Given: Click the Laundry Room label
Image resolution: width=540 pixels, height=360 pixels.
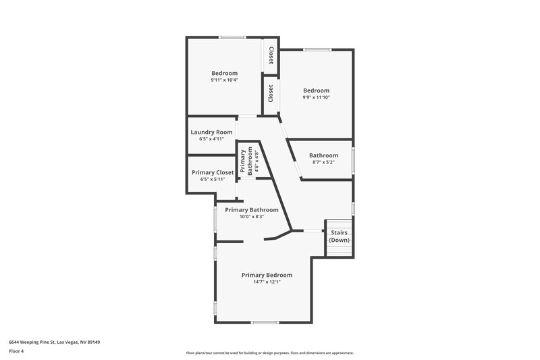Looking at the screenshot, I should pos(211,132).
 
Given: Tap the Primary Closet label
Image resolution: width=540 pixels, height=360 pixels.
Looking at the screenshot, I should pos(213,172).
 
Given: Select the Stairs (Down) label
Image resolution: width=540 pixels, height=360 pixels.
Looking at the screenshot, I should pos(339,236).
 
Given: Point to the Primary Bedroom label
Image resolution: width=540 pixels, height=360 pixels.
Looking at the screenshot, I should pos(267,275).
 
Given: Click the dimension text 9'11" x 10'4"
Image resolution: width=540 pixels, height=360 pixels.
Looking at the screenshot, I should pos(224,80).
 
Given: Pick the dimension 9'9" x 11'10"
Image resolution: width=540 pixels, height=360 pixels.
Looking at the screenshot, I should pos(316,97).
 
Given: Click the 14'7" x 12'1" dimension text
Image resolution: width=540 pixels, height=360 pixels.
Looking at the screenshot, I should pos(267,282).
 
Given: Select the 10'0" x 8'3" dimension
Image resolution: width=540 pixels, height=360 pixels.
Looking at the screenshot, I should pos(251,216).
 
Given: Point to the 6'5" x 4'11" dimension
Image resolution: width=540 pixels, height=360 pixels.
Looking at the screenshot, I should pos(211,138).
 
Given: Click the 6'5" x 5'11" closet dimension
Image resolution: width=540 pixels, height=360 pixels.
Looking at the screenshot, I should pos(213,179).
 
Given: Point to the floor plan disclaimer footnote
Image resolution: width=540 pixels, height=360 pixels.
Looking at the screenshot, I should pos(269,353).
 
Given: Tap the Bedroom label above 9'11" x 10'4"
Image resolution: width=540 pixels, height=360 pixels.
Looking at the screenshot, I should pos(224,73).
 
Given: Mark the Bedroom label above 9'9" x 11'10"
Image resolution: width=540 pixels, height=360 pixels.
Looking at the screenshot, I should pos(316,91).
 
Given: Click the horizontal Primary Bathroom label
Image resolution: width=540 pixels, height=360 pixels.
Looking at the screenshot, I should pos(251,209).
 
